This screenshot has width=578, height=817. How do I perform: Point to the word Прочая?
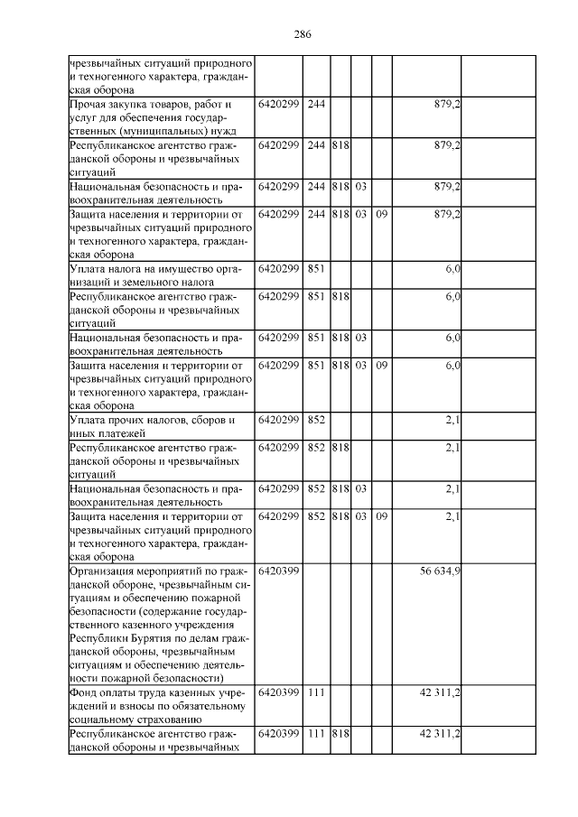point(89,106)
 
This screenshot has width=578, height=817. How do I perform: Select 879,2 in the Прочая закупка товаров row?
point(447,106)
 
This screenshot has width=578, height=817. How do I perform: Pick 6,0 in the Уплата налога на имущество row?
point(452,270)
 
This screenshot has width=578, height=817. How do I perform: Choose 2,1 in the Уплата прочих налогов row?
point(452,421)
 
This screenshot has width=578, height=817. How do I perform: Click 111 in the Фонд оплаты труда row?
point(316,692)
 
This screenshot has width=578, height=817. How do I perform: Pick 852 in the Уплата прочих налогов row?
point(316,421)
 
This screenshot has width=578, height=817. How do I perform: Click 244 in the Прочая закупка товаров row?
point(316,106)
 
